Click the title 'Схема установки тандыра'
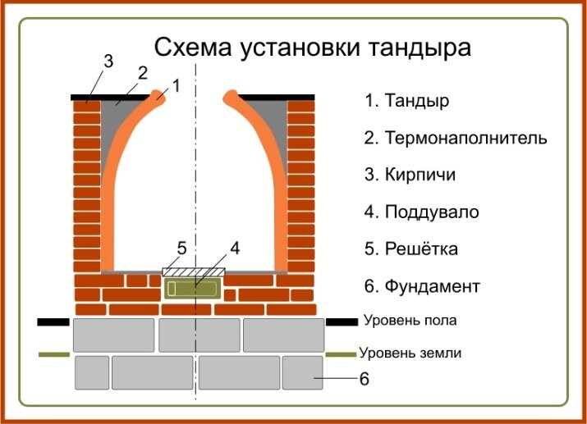point(313,47)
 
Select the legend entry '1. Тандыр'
point(407,101)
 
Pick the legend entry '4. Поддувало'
point(421,212)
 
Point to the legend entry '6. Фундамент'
point(422,286)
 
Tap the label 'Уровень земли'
point(410,353)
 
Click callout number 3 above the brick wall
point(108,61)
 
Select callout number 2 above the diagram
point(142,72)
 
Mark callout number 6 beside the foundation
point(365,379)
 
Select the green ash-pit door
point(192,287)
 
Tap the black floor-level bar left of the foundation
point(53,322)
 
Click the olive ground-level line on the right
point(342,354)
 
